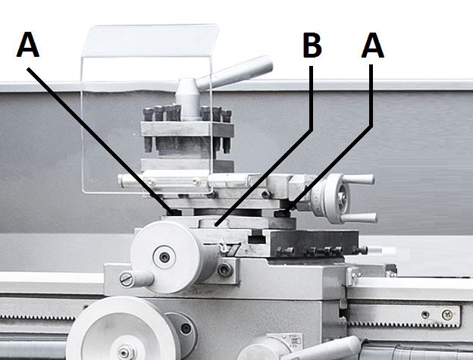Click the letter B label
pos(312,46)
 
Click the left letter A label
pos(28,46)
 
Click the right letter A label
pos(372,46)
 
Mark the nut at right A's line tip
pos(285,214)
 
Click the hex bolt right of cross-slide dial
pos(224,269)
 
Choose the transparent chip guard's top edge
pos(152,30)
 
